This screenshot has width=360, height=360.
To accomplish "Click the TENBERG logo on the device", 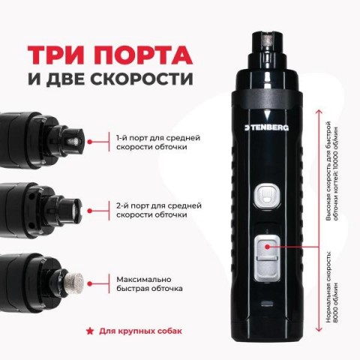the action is tap(266, 127).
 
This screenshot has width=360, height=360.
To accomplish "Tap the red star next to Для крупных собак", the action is tap(89, 331).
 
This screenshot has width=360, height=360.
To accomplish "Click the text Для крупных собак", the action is tap(141, 331).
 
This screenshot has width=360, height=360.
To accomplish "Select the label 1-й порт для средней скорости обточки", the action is tap(158, 142).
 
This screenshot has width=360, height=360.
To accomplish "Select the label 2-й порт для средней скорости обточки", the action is tap(159, 210).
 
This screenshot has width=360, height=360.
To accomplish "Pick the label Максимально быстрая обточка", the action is tap(149, 283).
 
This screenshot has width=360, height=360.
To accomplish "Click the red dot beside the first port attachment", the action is tap(90, 142).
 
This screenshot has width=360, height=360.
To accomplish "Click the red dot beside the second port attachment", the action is tap(90, 211).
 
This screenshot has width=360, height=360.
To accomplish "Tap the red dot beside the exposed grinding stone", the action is tap(90, 284).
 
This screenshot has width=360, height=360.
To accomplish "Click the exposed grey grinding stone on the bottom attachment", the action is tap(74, 283).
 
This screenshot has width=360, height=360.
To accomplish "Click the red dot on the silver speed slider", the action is tap(267, 247).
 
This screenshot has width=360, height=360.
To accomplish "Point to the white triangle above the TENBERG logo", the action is tap(268, 115).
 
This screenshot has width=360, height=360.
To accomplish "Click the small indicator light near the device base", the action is tap(267, 304).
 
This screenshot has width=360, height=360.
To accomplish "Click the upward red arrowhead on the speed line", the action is tap(319, 112).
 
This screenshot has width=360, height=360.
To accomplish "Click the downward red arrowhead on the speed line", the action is tap(319, 329).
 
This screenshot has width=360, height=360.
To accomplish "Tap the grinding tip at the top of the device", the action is tap(267, 40).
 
